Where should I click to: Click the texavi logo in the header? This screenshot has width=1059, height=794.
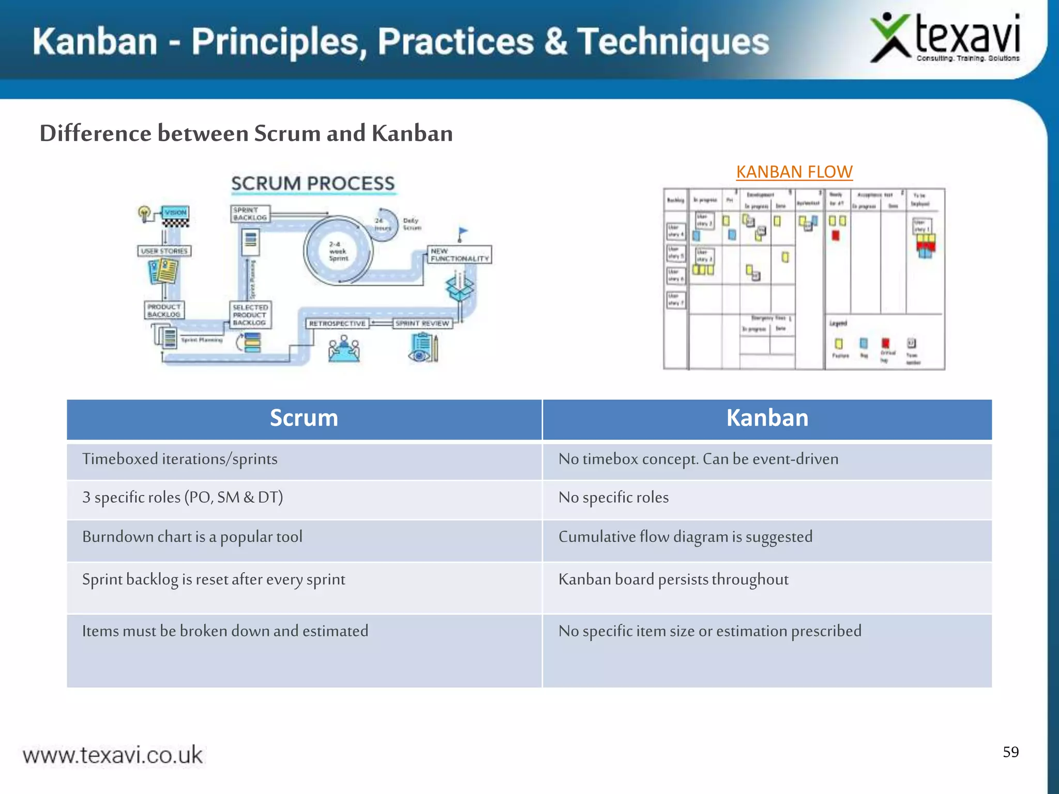(945, 39)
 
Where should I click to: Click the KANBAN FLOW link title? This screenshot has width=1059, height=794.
(794, 172)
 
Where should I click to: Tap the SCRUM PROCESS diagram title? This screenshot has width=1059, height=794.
(312, 184)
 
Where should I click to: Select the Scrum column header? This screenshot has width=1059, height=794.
(304, 418)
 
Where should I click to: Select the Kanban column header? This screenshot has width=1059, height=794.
(767, 418)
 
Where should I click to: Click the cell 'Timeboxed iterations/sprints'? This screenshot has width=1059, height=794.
(180, 459)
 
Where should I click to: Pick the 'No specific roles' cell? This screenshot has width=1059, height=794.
(613, 497)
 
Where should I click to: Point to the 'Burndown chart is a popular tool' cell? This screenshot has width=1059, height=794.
(192, 537)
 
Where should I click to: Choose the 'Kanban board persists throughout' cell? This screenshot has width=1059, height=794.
(673, 579)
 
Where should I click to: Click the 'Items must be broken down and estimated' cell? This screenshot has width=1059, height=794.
(225, 631)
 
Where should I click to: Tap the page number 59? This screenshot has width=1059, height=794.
(1010, 752)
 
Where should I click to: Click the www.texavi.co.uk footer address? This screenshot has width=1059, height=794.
(113, 755)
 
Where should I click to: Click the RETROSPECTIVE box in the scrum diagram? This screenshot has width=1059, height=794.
(337, 324)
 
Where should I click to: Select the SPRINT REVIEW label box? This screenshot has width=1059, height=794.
(422, 324)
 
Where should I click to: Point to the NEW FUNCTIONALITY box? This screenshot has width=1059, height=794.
(459, 255)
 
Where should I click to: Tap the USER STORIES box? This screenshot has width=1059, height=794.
(164, 251)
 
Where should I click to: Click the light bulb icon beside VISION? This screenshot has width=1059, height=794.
(144, 212)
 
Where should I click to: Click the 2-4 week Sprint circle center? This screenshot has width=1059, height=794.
(338, 251)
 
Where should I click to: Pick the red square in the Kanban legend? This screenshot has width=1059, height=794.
(885, 343)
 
